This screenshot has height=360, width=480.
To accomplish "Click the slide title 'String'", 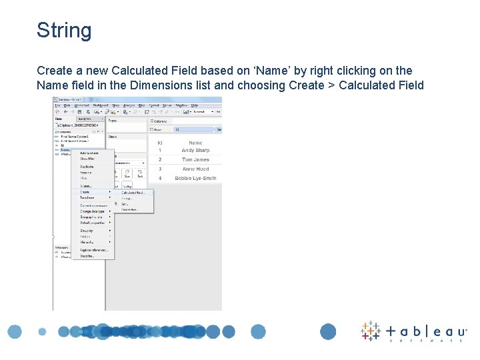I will pos(64,31).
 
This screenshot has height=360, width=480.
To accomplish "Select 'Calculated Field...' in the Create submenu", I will pos(133,193).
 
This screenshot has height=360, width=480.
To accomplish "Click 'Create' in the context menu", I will pos(85,192).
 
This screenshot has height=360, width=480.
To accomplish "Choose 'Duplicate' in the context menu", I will pos(87,167).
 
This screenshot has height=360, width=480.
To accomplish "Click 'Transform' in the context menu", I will pos(87,198).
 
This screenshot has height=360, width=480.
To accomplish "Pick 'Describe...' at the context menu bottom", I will pos(88,256).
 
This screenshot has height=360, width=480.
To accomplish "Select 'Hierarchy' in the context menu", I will pos(87,242).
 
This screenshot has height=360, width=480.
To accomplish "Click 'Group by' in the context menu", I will pos(87,231).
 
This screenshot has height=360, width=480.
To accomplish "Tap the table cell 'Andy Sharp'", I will pos(195,151).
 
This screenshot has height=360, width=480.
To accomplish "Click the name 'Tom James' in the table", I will pos(195,160).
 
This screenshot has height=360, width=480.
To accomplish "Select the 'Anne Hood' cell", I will pos(195,169).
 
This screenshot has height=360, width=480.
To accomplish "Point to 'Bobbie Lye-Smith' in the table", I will pos(195,179).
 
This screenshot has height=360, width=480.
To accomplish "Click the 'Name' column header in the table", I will pos(195,143).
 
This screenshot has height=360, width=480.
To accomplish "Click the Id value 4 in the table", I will pos(160,179).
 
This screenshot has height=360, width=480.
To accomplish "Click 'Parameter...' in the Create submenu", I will pos(129,209).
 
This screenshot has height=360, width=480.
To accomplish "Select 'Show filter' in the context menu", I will pos(87,159).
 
